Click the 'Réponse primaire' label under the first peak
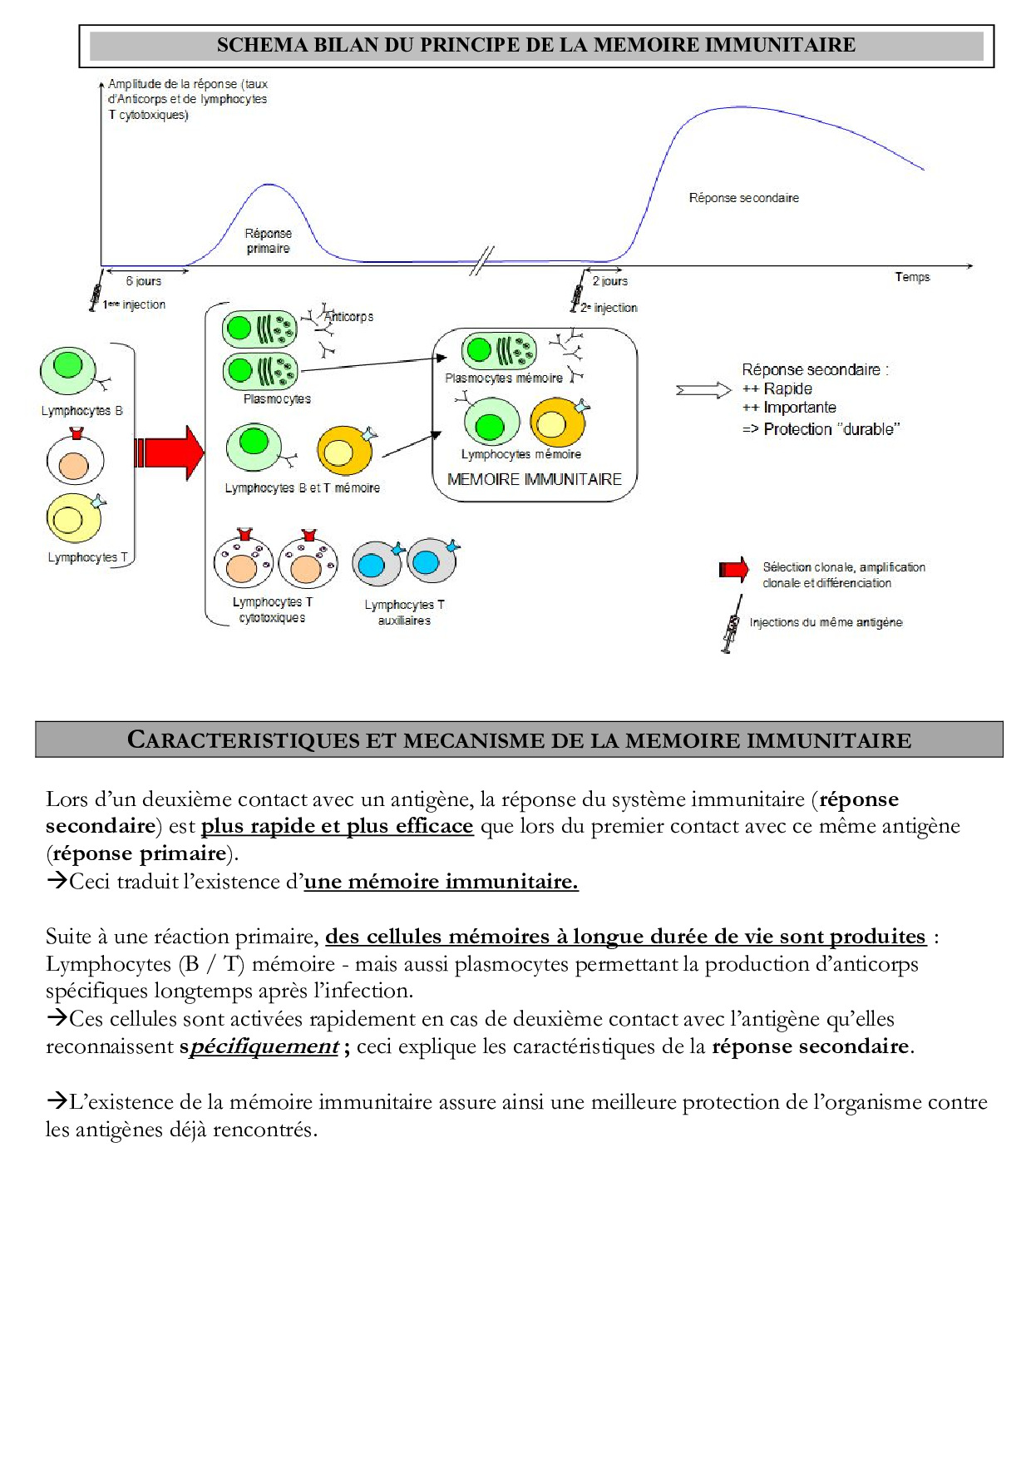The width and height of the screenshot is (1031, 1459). coord(268,240)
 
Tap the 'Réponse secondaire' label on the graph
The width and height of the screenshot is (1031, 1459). coord(743,198)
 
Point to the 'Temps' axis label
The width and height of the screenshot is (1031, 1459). coord(912,277)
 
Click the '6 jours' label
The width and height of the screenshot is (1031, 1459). coord(144,281)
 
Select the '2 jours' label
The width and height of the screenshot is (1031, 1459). coord(610,281)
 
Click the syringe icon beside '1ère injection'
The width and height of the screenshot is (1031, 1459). coord(96,291)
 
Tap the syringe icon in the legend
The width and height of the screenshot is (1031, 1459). coord(732,624)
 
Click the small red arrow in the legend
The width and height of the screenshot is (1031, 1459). coord(733,569)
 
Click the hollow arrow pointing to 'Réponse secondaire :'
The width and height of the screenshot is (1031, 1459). coord(703,390)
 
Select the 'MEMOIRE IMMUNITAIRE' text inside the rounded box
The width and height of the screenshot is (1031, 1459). coord(534,479)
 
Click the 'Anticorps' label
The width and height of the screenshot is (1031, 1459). coord(349,317)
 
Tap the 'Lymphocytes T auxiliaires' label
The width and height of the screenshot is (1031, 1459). coord(404,612)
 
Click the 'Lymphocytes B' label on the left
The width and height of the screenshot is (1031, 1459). coord(82,411)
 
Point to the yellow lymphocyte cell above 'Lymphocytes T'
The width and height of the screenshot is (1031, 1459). coord(73,518)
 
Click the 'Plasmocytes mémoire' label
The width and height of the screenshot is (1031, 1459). coord(504,378)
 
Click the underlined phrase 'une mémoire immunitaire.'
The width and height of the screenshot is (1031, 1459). coord(441,882)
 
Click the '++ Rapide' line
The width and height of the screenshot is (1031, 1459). coord(777,388)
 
